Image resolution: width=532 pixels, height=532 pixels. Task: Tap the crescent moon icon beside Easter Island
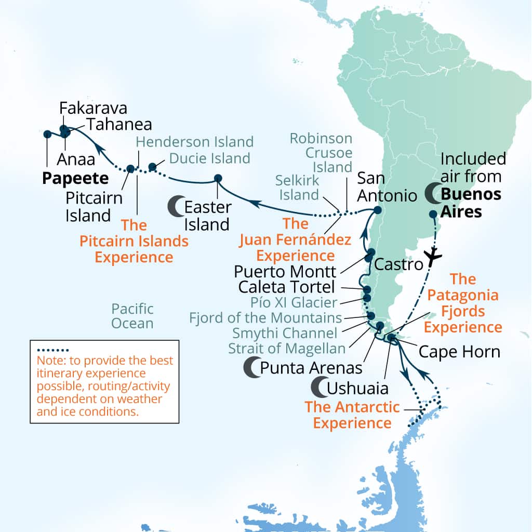[x=176, y=207]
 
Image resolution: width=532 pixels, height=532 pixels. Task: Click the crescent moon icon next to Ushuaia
[x=319, y=387]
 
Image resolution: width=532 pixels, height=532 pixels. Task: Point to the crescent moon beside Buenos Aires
[x=433, y=194]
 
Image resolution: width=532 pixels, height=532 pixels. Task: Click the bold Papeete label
[x=75, y=178]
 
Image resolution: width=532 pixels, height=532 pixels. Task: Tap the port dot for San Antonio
[x=377, y=210]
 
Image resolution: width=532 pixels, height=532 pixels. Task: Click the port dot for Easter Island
[x=218, y=179]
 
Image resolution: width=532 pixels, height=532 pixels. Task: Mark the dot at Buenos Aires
[x=433, y=214]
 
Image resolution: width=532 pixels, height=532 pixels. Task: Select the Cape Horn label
[x=459, y=352]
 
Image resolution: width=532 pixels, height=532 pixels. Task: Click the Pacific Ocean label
[x=132, y=316]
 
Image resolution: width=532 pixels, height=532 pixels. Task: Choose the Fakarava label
[x=93, y=108]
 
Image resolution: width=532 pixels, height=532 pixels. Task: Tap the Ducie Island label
[x=210, y=157]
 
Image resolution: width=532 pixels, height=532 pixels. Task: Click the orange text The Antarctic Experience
[x=352, y=415]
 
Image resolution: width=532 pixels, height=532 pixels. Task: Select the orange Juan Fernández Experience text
[x=296, y=240]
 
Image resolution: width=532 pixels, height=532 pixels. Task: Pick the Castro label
[x=398, y=264]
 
